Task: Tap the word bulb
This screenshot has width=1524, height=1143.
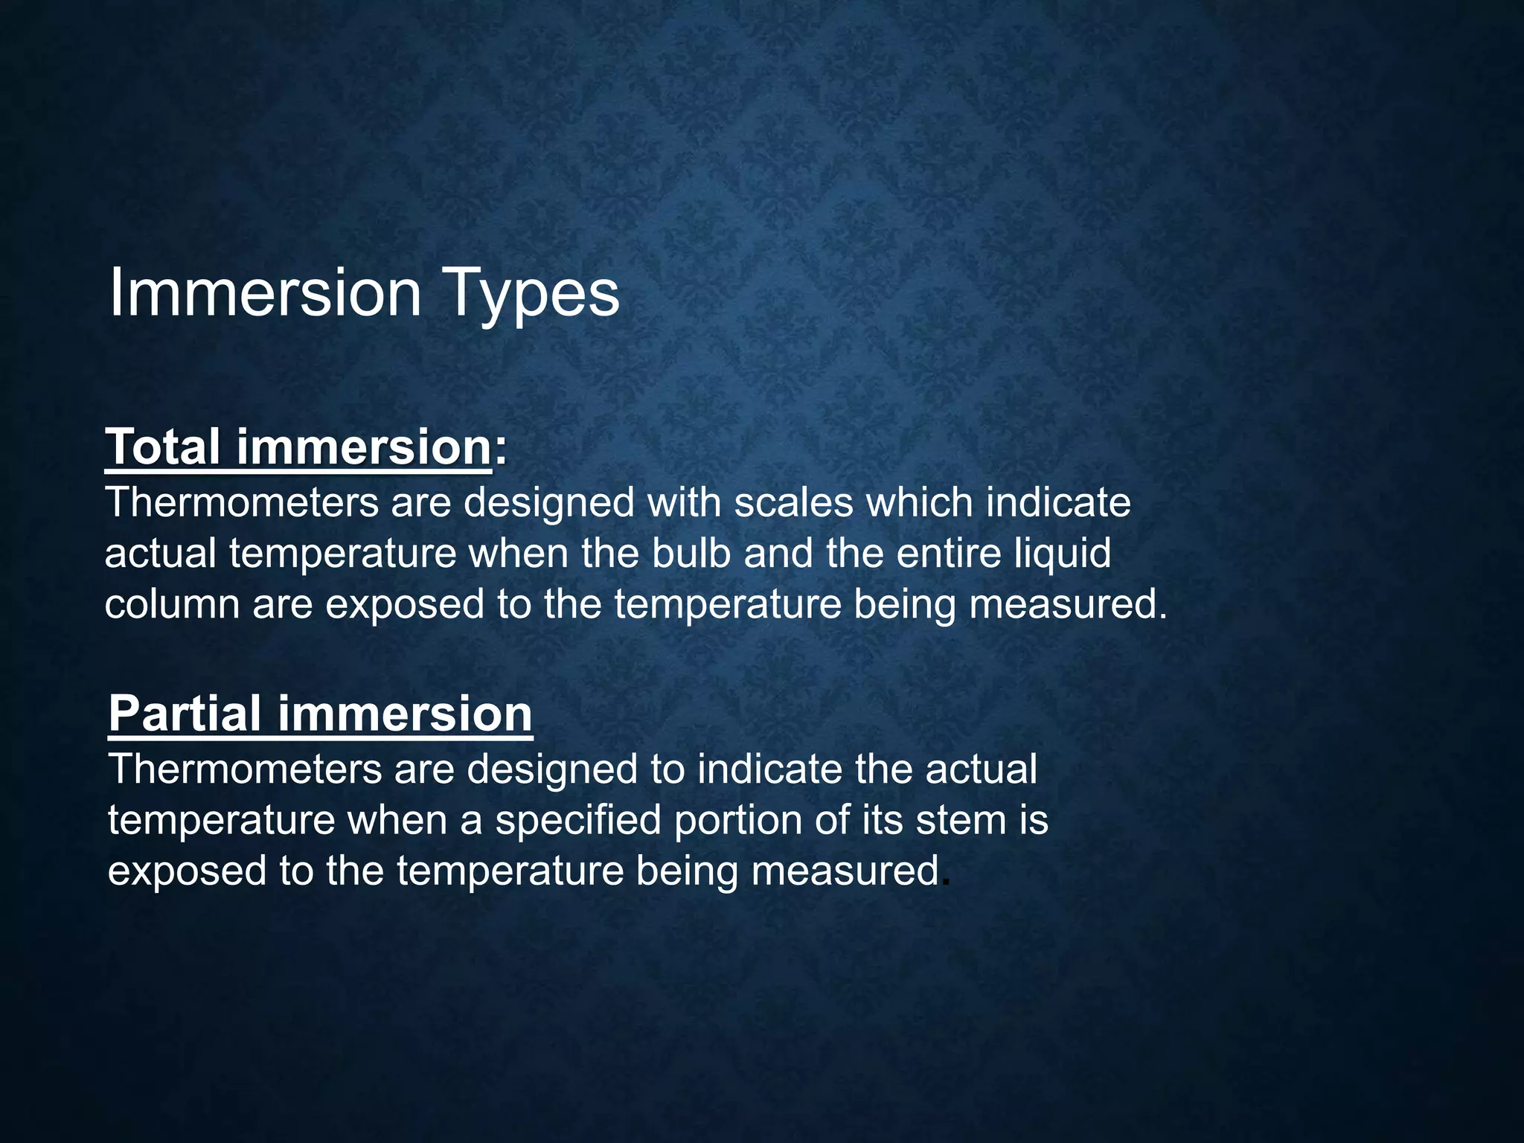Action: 691,553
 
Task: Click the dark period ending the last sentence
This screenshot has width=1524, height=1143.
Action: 946,884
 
